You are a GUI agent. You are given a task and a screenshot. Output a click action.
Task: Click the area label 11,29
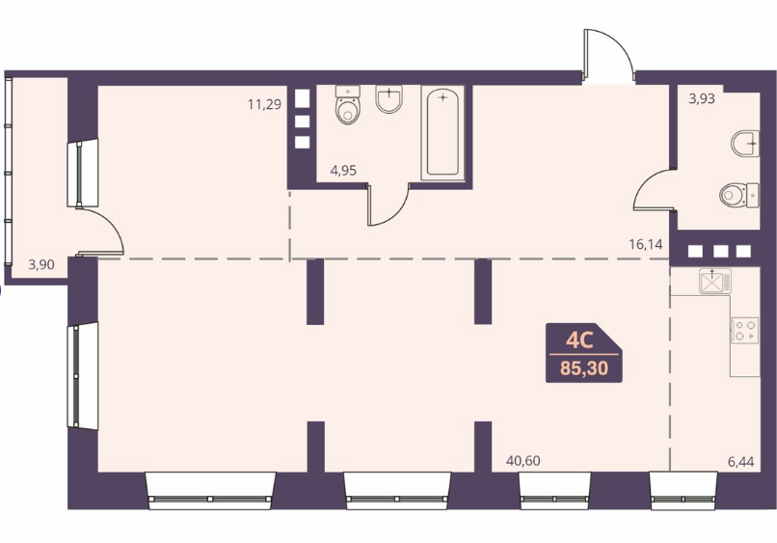point(264,104)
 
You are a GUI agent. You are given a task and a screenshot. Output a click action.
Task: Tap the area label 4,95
point(343,171)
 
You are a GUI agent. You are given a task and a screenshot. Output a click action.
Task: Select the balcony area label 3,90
point(41,265)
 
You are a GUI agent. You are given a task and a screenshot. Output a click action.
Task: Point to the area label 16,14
point(646,244)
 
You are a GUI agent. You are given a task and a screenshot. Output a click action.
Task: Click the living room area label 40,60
point(523,461)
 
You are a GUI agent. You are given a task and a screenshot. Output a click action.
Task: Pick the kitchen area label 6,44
point(740,462)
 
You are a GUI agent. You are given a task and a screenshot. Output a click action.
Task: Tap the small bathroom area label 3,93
point(702,98)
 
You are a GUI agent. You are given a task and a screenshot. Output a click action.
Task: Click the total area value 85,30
point(584,369)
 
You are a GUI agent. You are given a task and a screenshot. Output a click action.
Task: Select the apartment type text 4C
point(579,340)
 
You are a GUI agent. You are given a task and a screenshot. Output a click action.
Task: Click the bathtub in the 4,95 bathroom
point(442,132)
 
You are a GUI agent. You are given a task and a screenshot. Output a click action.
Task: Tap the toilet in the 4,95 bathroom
point(347,104)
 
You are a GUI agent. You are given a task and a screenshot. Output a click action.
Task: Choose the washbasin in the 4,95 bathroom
point(389,98)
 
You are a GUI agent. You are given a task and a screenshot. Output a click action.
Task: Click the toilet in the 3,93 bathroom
point(738,195)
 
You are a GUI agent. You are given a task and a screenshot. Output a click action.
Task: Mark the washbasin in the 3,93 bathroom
point(745,144)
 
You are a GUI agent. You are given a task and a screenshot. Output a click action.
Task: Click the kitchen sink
point(715,281)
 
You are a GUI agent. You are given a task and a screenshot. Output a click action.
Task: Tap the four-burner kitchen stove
point(744,331)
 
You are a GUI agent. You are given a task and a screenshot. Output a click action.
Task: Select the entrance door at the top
point(609,55)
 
